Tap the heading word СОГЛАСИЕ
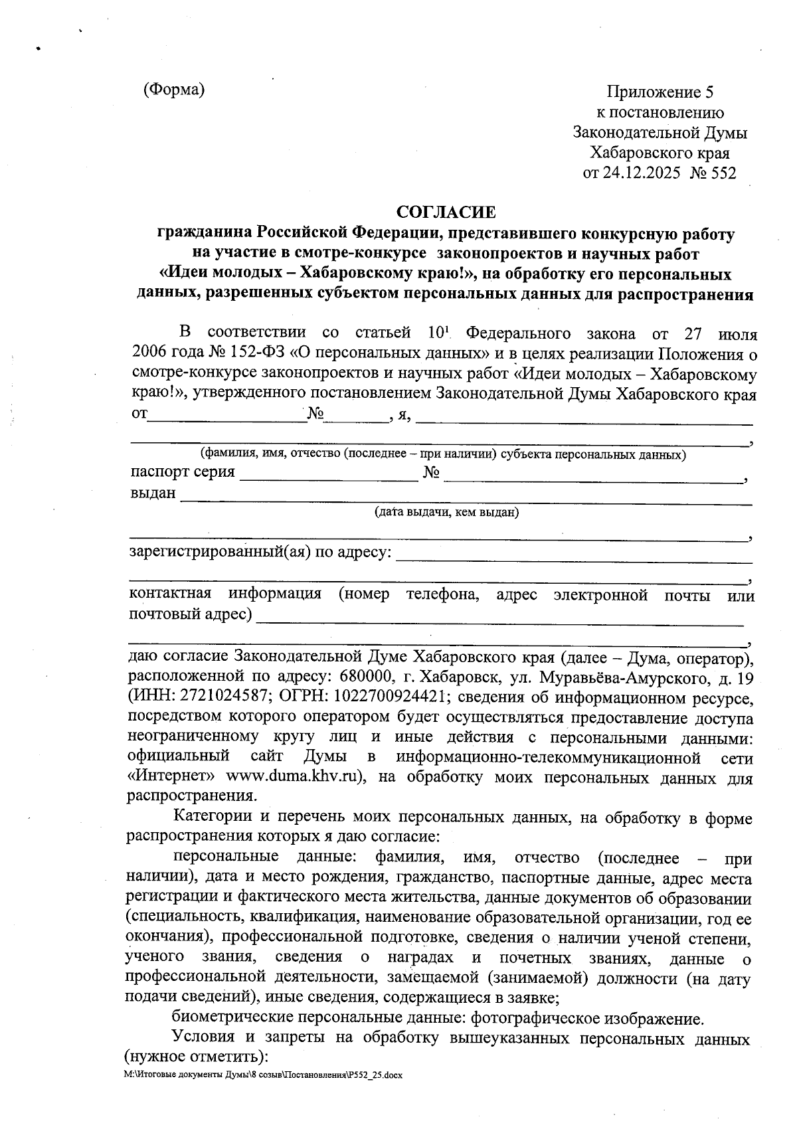(x=446, y=212)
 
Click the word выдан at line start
(x=153, y=493)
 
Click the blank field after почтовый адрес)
(x=499, y=618)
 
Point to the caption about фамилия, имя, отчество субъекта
(x=443, y=455)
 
